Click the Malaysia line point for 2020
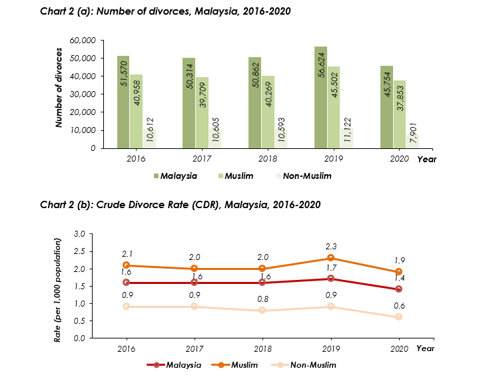click(398, 289)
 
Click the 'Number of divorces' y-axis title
click(59, 87)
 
